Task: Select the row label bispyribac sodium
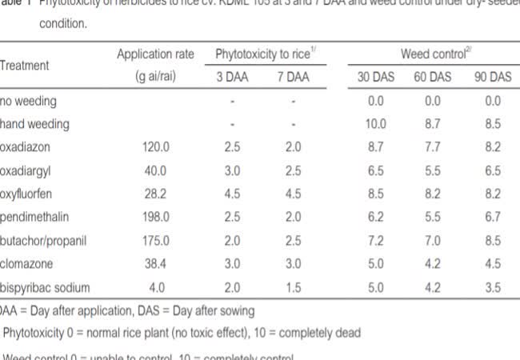[45, 287]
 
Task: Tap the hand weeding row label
[34, 125]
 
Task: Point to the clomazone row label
[30, 264]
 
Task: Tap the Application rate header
[155, 54]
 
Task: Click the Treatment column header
[25, 66]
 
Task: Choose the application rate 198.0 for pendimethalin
[155, 218]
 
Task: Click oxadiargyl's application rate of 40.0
[155, 171]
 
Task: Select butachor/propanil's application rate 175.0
[155, 241]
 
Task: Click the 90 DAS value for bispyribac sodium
[492, 287]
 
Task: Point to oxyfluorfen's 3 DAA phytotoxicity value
[231, 194]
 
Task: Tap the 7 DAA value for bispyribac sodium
[294, 287]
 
